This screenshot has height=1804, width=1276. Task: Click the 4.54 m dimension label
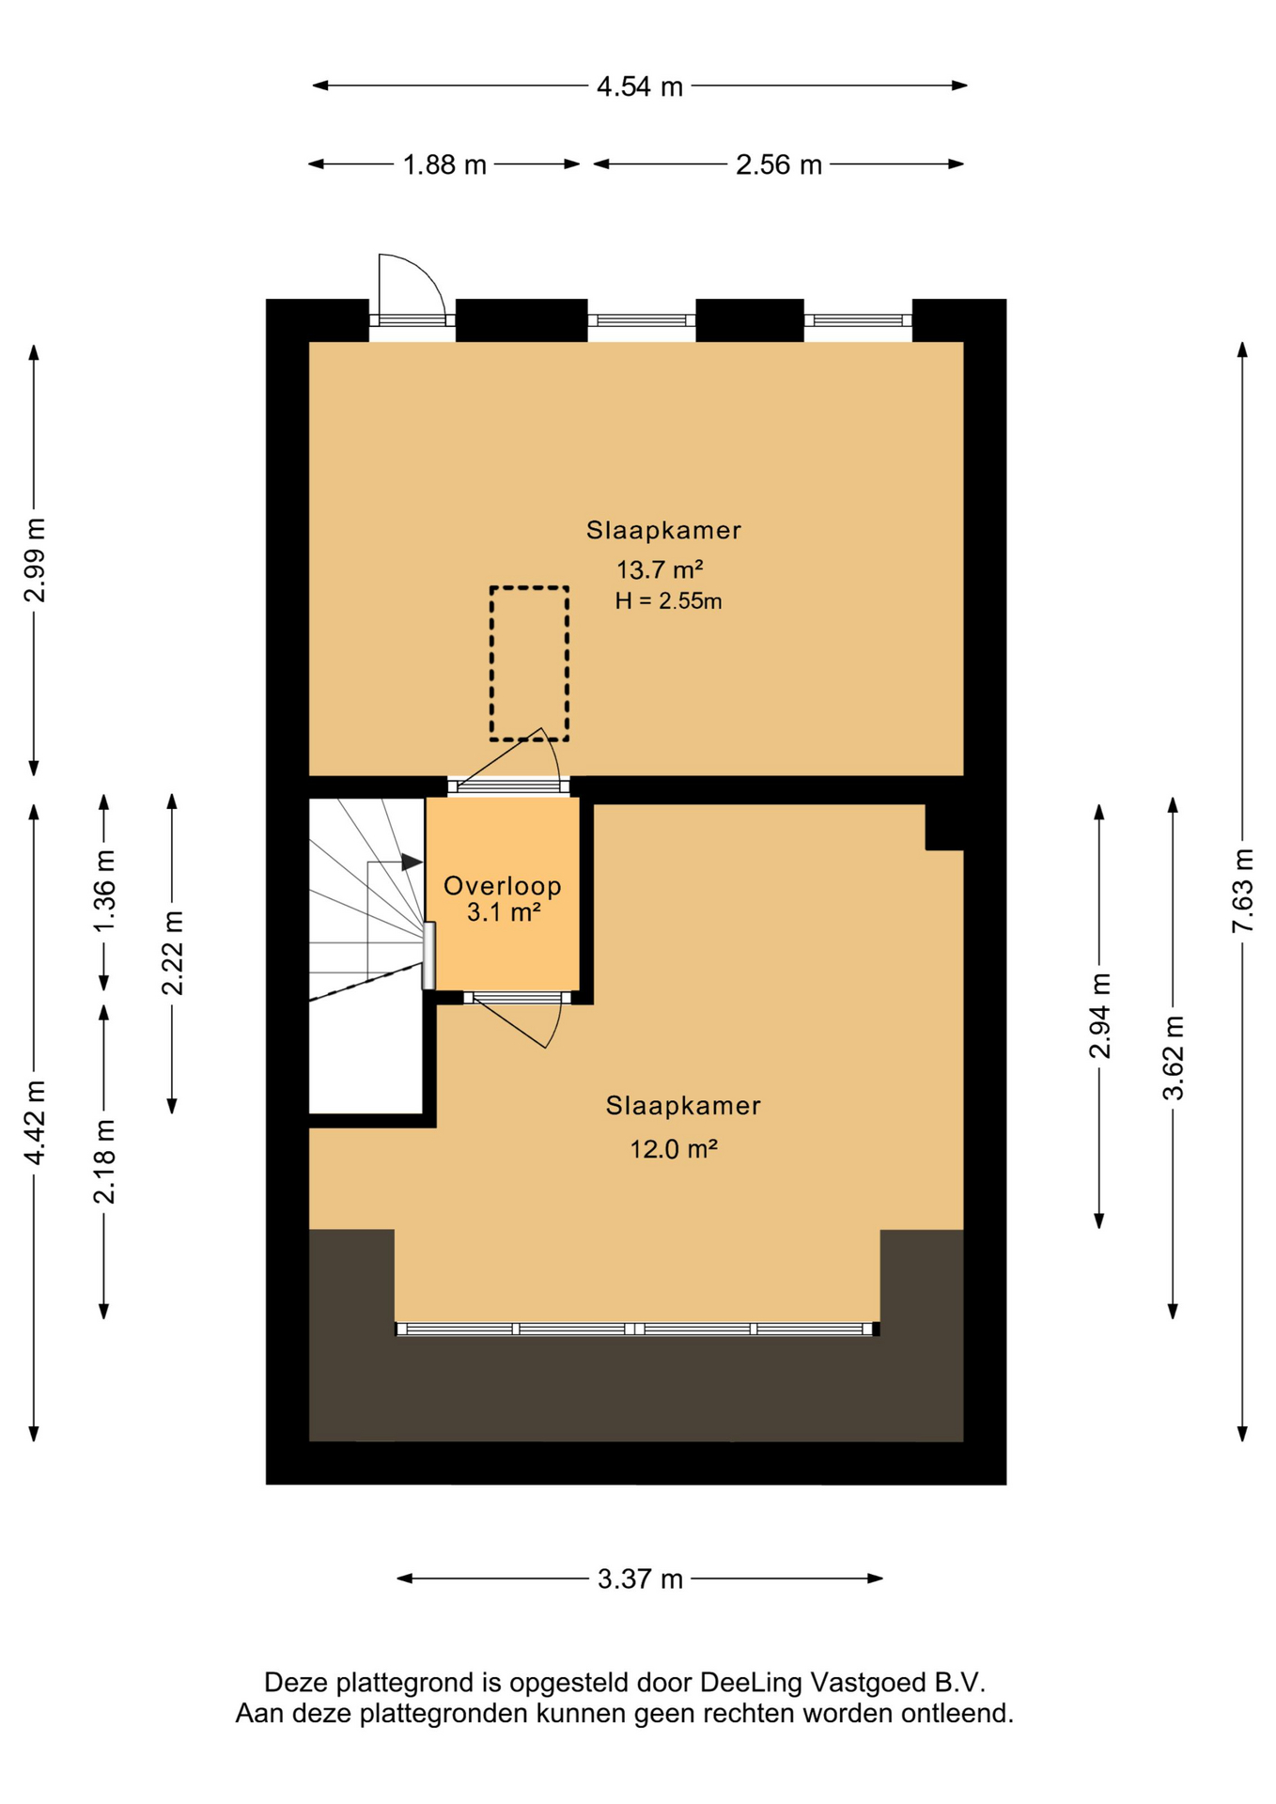click(639, 86)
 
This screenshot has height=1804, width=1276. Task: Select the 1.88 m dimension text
click(444, 165)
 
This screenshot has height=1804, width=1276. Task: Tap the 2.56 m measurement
click(778, 165)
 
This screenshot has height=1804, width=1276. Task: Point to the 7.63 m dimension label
click(1243, 891)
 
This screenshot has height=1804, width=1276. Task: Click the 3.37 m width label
click(640, 1578)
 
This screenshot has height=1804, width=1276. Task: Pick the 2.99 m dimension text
click(35, 560)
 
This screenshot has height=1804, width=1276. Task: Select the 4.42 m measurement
click(35, 1123)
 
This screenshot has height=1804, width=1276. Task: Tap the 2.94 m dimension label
click(1100, 1016)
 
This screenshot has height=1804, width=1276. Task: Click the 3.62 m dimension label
click(1174, 1058)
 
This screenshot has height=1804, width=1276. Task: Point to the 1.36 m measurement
click(104, 892)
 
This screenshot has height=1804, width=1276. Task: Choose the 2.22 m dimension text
click(172, 953)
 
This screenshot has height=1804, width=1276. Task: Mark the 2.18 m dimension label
click(104, 1161)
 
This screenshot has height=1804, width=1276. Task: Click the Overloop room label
click(503, 886)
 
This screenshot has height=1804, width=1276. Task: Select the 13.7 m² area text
click(660, 569)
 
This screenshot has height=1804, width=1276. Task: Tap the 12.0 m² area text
click(674, 1148)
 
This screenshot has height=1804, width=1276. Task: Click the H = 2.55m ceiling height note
click(668, 601)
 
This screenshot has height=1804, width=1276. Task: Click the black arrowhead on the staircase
click(412, 862)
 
